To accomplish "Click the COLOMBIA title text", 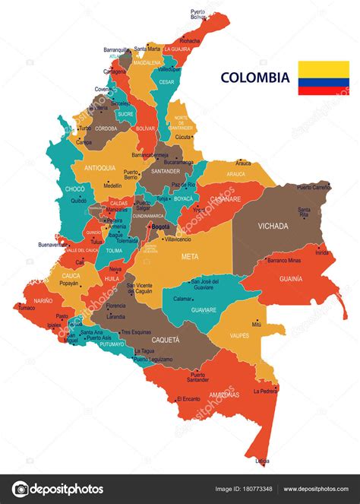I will [x=255, y=77].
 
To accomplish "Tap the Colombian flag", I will [x=324, y=78].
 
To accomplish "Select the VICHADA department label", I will [x=273, y=226].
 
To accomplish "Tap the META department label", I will [x=189, y=256].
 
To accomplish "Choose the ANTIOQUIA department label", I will [x=100, y=167].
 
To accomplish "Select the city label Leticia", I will [x=262, y=461].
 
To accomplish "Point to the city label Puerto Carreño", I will [x=314, y=186].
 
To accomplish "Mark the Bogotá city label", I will [x=161, y=226].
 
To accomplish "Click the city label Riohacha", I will [x=190, y=41].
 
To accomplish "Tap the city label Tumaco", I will [x=27, y=308].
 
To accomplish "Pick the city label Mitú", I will [x=257, y=325].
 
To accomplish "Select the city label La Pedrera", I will [x=265, y=391].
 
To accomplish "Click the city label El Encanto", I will [x=188, y=399].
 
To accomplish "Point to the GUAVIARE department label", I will [x=203, y=309].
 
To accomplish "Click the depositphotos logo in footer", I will [x=58, y=489].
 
